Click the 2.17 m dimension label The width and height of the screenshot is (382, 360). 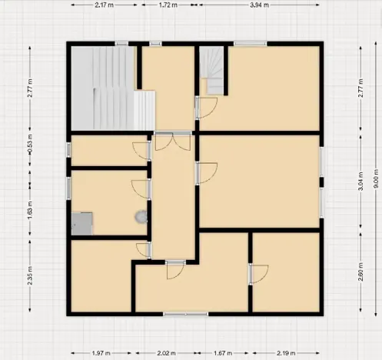106,5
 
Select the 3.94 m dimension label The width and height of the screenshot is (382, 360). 259,5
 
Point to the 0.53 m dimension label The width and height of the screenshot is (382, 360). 30,151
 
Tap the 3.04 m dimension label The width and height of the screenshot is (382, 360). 361,185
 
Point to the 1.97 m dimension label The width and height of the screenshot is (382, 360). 102,353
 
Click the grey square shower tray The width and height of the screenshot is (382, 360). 82,223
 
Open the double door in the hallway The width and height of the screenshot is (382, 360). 173,142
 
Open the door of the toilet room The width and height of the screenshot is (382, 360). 139,188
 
